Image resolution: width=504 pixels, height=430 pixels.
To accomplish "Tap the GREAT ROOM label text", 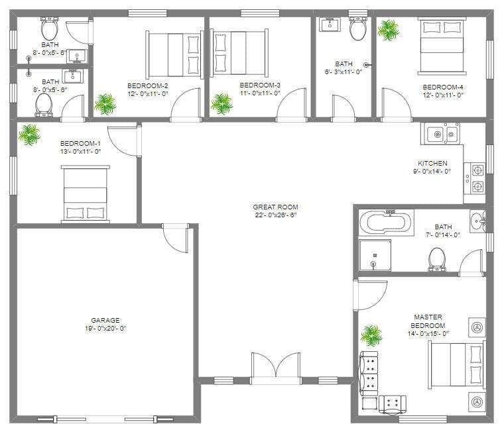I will coord(275,207).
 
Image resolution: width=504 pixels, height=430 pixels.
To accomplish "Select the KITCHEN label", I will coord(432,163).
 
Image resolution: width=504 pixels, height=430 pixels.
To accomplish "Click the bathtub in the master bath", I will coord(386,222).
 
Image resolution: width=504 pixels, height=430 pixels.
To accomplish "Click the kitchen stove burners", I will coord(477,178).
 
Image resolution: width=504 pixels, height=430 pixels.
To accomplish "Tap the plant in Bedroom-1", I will coord(29,134).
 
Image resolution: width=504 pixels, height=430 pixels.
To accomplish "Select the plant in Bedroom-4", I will coord(388,29).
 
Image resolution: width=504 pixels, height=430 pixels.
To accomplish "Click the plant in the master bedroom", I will coord(371,335).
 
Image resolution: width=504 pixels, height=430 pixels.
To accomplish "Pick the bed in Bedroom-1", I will coord(86,194).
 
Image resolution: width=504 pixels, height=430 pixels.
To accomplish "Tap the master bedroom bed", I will coord(458,364).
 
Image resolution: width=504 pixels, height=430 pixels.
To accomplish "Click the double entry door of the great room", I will coord(276,366).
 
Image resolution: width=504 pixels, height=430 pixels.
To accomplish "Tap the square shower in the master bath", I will coord(375,255).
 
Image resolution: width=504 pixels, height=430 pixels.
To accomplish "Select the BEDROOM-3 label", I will coord(260,85).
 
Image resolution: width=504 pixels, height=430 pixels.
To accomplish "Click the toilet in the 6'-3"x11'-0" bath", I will coord(358,29).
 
